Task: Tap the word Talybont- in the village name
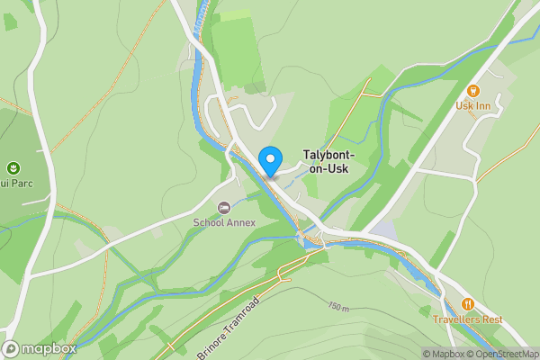pos(328,155)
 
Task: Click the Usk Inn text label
pos(473,106)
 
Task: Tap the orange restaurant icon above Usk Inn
pos(473,90)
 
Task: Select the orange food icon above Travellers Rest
pos(468,304)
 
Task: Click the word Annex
pos(241,222)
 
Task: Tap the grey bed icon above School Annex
pos(224,208)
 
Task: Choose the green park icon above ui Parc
pos(13,168)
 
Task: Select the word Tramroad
pos(252,311)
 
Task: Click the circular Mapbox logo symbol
pos(12,348)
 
